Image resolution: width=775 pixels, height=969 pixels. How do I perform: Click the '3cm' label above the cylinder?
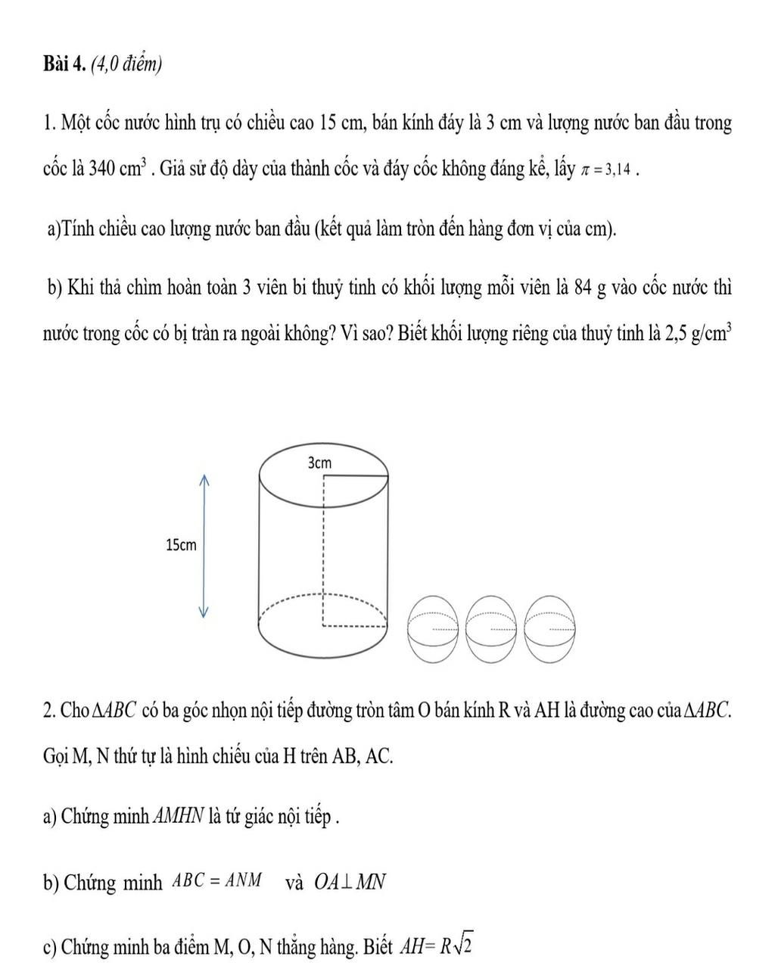(x=319, y=463)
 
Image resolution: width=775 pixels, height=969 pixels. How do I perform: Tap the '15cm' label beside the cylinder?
(x=180, y=544)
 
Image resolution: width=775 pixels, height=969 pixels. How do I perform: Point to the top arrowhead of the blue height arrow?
(x=203, y=479)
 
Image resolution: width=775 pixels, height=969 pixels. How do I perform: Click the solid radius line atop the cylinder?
(x=356, y=476)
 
